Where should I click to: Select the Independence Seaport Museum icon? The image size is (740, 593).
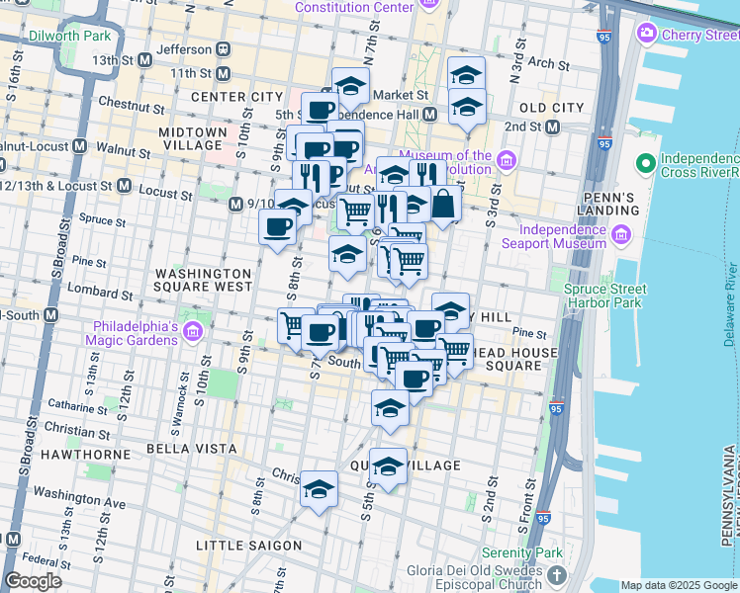pyautogui.click(x=623, y=235)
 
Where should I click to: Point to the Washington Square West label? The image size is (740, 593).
pyautogui.click(x=204, y=280)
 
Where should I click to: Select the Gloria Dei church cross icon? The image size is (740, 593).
pyautogui.click(x=557, y=574)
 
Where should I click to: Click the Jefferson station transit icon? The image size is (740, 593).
pyautogui.click(x=225, y=48)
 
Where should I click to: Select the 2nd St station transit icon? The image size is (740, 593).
pyautogui.click(x=552, y=127)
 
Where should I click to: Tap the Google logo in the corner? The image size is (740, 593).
pyautogui.click(x=33, y=581)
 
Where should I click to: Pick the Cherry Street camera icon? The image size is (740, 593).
pyautogui.click(x=647, y=35)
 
